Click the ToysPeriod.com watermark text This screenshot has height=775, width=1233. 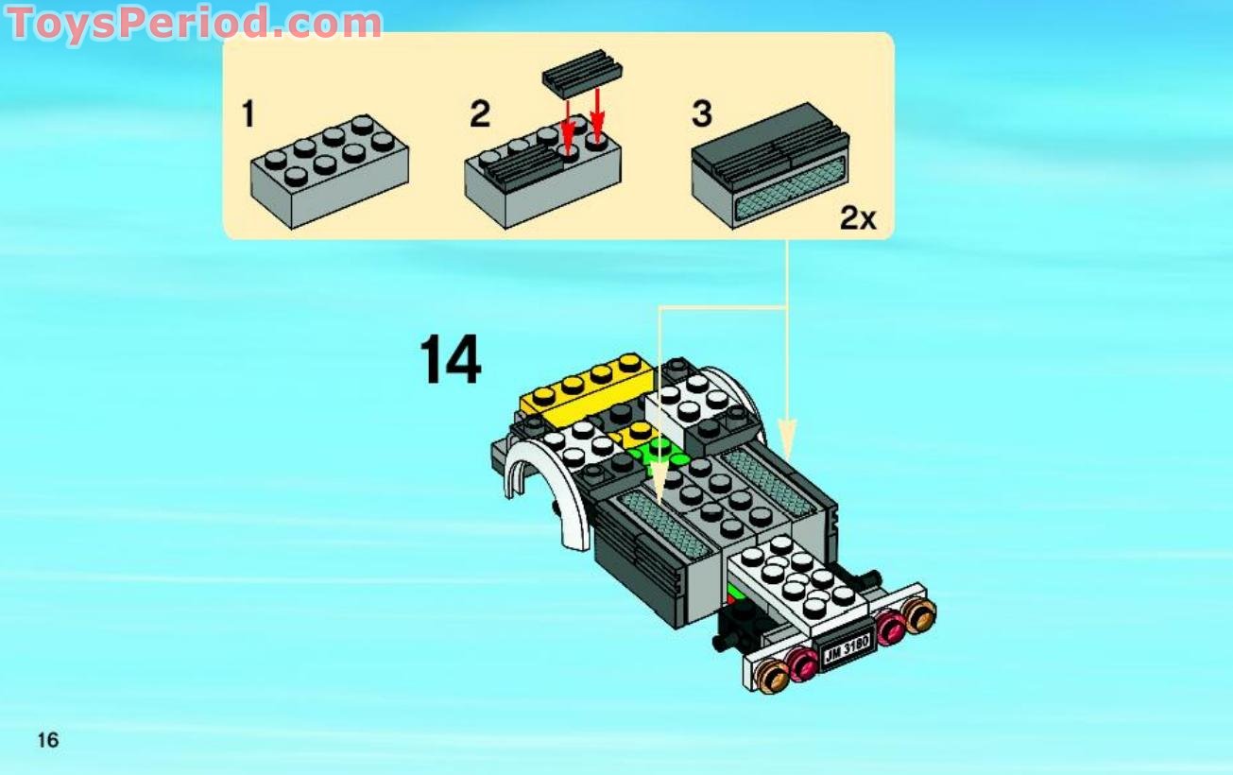point(194,23)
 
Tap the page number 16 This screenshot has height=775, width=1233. point(47,740)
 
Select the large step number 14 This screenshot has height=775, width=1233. point(450,360)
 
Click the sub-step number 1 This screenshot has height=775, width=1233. point(248,115)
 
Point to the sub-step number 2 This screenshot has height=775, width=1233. point(480,115)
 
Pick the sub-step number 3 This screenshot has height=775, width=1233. point(701,115)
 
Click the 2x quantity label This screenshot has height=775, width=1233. point(858,219)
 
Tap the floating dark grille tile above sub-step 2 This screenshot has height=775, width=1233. point(582,75)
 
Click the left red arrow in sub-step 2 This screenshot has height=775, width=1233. point(567,128)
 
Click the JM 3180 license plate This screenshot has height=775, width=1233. point(845,648)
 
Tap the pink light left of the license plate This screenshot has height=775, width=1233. point(802,663)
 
